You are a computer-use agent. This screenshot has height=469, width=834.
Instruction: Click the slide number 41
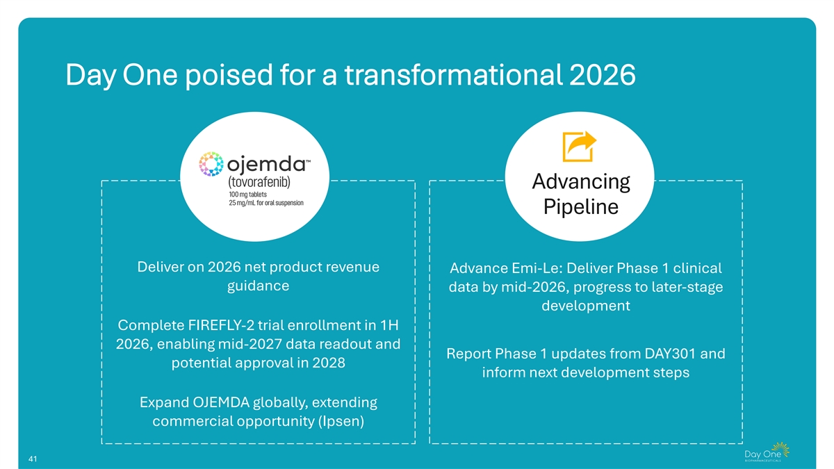click(x=33, y=459)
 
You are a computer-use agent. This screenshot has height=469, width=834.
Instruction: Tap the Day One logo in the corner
click(x=767, y=452)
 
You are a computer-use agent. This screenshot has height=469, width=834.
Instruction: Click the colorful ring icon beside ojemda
click(x=211, y=164)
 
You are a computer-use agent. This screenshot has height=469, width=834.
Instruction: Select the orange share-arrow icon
click(x=579, y=147)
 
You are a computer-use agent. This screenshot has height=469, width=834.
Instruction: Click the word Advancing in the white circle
click(x=581, y=182)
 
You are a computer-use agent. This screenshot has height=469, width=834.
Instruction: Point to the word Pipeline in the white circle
click(x=581, y=207)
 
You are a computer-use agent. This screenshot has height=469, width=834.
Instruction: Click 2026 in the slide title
click(x=602, y=75)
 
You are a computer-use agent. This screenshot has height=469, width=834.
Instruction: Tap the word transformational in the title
click(x=453, y=75)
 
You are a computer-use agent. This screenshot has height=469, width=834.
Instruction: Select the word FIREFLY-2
click(x=221, y=325)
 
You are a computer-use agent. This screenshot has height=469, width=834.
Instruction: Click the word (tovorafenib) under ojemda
click(x=259, y=182)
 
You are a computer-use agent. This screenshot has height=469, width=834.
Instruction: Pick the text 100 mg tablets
click(x=247, y=195)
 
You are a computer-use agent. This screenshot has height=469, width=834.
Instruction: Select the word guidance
click(x=258, y=286)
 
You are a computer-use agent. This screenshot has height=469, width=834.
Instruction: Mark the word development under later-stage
click(x=586, y=306)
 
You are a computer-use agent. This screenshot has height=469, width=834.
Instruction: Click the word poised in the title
click(x=229, y=75)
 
